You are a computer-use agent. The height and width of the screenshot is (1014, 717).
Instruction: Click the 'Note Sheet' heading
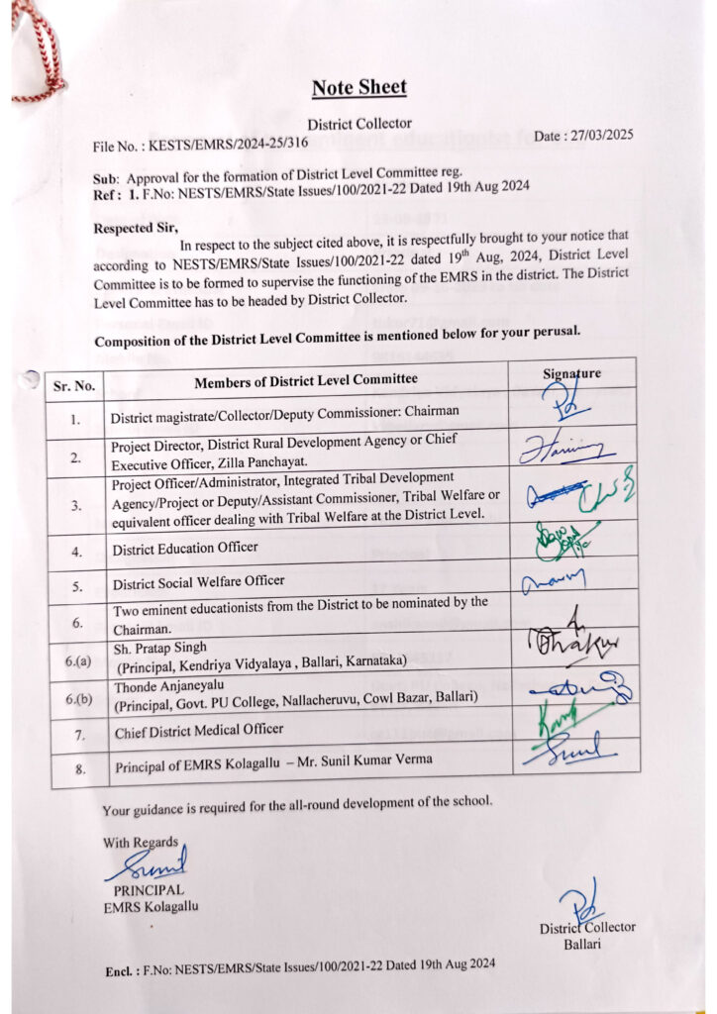358,87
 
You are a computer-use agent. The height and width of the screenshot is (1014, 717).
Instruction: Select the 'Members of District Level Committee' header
306,379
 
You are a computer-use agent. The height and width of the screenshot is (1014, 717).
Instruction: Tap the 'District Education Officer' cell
185,547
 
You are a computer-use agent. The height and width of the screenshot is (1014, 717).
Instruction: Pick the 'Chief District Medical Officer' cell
199,731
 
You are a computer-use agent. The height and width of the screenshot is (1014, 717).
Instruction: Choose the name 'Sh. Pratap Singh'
161,648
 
